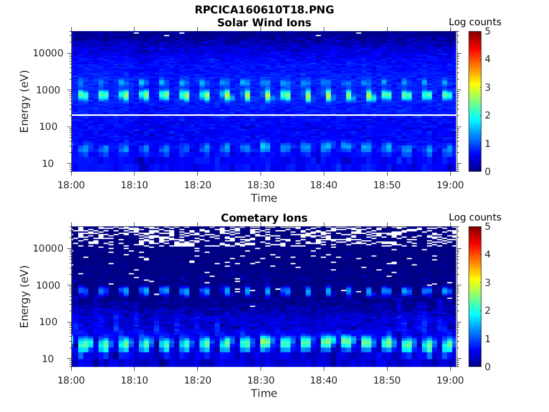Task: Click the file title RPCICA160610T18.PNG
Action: coord(264,10)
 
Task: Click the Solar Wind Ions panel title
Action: coord(264,23)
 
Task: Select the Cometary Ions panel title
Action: coord(264,218)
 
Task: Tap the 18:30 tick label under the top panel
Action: coord(261,185)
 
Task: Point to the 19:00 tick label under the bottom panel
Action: coord(450,380)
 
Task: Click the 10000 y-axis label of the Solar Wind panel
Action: coord(49,53)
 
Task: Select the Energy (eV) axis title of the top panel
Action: coord(25,101)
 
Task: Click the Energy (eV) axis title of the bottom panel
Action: coord(25,297)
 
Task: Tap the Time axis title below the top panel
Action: coord(264,198)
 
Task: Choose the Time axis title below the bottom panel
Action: coord(264,393)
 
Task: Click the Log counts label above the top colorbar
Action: coord(474,23)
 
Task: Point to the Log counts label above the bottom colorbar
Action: coord(474,218)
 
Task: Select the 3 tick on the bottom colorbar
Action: coord(488,282)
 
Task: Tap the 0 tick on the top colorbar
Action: coord(488,171)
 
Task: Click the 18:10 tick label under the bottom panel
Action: coord(135,380)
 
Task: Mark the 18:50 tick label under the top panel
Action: coord(387,185)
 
